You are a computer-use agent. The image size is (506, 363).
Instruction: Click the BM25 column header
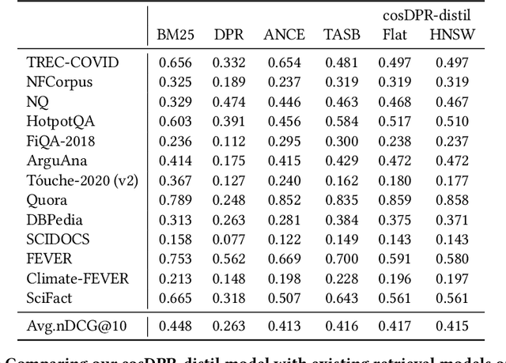click(174, 34)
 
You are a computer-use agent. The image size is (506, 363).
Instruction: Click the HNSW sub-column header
click(449, 34)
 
